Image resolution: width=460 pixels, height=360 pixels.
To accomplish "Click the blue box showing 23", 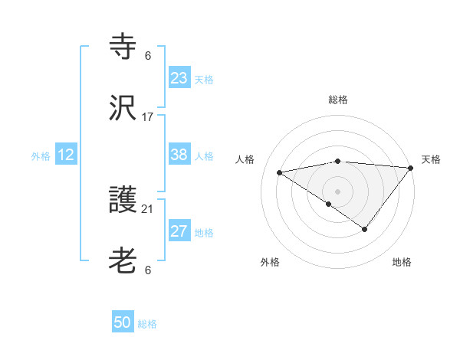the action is point(179,78).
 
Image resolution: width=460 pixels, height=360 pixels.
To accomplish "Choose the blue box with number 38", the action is point(179,155).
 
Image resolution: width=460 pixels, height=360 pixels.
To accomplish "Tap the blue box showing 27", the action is point(179,232).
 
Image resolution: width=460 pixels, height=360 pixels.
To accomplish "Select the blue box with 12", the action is point(66,155).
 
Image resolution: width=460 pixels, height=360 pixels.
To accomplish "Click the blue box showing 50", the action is point(123,323).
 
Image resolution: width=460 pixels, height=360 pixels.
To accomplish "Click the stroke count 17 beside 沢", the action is point(148,117).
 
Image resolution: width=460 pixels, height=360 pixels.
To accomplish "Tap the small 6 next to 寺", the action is point(148,56).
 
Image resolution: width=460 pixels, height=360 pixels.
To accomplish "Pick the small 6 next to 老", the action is point(148,270).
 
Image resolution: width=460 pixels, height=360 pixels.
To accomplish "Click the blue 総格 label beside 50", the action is point(148,324).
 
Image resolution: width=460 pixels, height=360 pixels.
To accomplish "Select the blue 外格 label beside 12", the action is point(41,155).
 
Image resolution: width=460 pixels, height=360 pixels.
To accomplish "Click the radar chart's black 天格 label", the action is point(431,159).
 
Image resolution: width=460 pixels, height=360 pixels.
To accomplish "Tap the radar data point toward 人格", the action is point(280,172).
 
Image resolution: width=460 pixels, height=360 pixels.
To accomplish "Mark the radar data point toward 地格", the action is point(365,229).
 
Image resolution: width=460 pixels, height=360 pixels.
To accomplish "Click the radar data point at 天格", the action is point(411,167).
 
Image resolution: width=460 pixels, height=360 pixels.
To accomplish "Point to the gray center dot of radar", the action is point(337,190).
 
